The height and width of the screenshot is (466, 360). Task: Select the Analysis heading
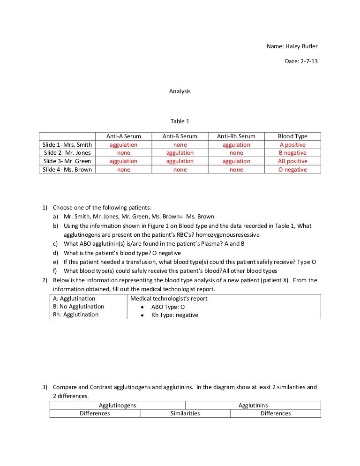click(x=180, y=91)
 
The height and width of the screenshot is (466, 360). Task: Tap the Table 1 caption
click(x=180, y=121)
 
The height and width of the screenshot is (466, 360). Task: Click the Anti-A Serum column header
click(x=124, y=136)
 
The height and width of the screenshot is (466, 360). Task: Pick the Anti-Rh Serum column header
click(x=236, y=136)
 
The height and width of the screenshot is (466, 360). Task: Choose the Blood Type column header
click(x=292, y=136)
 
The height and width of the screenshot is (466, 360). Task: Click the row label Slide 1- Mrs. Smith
click(x=67, y=145)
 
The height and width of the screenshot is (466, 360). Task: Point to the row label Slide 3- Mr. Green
click(x=67, y=161)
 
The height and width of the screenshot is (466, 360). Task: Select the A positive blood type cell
click(x=292, y=145)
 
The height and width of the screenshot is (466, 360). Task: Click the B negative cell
click(x=292, y=153)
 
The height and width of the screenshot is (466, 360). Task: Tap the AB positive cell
click(x=292, y=161)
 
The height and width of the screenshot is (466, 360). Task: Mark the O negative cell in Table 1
click(x=292, y=170)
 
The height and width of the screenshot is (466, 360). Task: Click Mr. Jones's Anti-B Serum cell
click(x=180, y=153)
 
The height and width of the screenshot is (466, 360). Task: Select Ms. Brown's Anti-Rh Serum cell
click(x=236, y=170)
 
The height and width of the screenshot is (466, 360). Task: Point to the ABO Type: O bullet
click(x=168, y=307)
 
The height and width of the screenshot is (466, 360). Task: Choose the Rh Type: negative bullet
click(x=174, y=315)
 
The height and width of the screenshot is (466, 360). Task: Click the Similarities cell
click(x=185, y=413)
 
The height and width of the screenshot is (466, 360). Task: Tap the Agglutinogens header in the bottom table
click(x=118, y=406)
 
